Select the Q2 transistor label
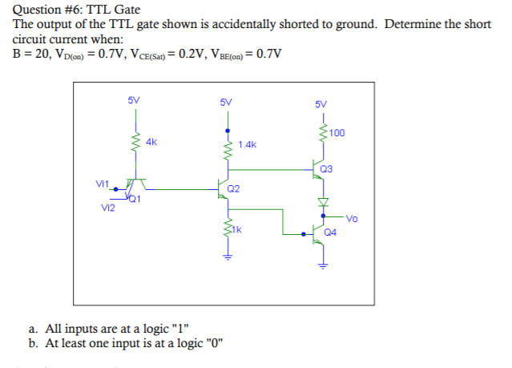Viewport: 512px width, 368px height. click(233, 188)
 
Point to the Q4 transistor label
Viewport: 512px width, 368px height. click(331, 233)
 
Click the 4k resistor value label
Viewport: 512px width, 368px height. click(151, 141)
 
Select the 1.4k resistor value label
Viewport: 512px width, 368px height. click(248, 145)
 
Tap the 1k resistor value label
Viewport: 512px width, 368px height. click(237, 228)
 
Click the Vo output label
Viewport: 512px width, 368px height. click(353, 217)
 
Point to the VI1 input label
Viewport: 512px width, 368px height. click(102, 184)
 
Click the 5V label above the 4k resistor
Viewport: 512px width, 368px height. click(134, 100)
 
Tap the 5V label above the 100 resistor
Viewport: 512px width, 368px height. click(321, 105)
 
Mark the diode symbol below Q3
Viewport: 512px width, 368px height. click(324, 200)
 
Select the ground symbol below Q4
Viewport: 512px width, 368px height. click(324, 265)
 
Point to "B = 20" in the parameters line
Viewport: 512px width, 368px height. click(30, 54)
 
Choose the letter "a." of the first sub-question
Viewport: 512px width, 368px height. click(33, 329)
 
